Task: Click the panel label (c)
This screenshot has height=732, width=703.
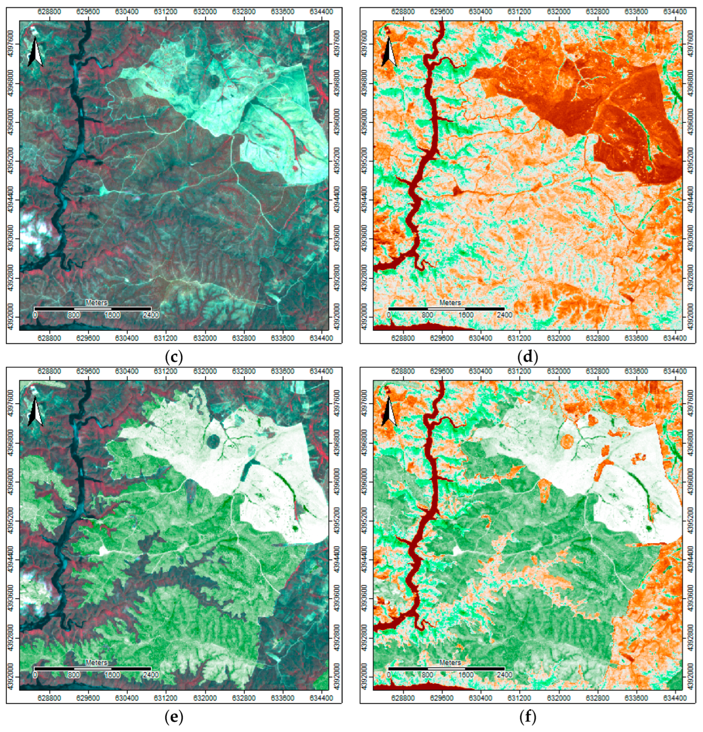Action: pos(174,357)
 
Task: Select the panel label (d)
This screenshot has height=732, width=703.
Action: pos(528,357)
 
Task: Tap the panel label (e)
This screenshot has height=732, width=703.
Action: pos(174,716)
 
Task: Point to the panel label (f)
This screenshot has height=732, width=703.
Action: pos(528,716)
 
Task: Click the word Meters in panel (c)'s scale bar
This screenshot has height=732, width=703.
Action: pos(96,302)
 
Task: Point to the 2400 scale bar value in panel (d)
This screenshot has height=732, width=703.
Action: pos(504,315)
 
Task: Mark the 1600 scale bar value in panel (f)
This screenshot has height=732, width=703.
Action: pos(466,675)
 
